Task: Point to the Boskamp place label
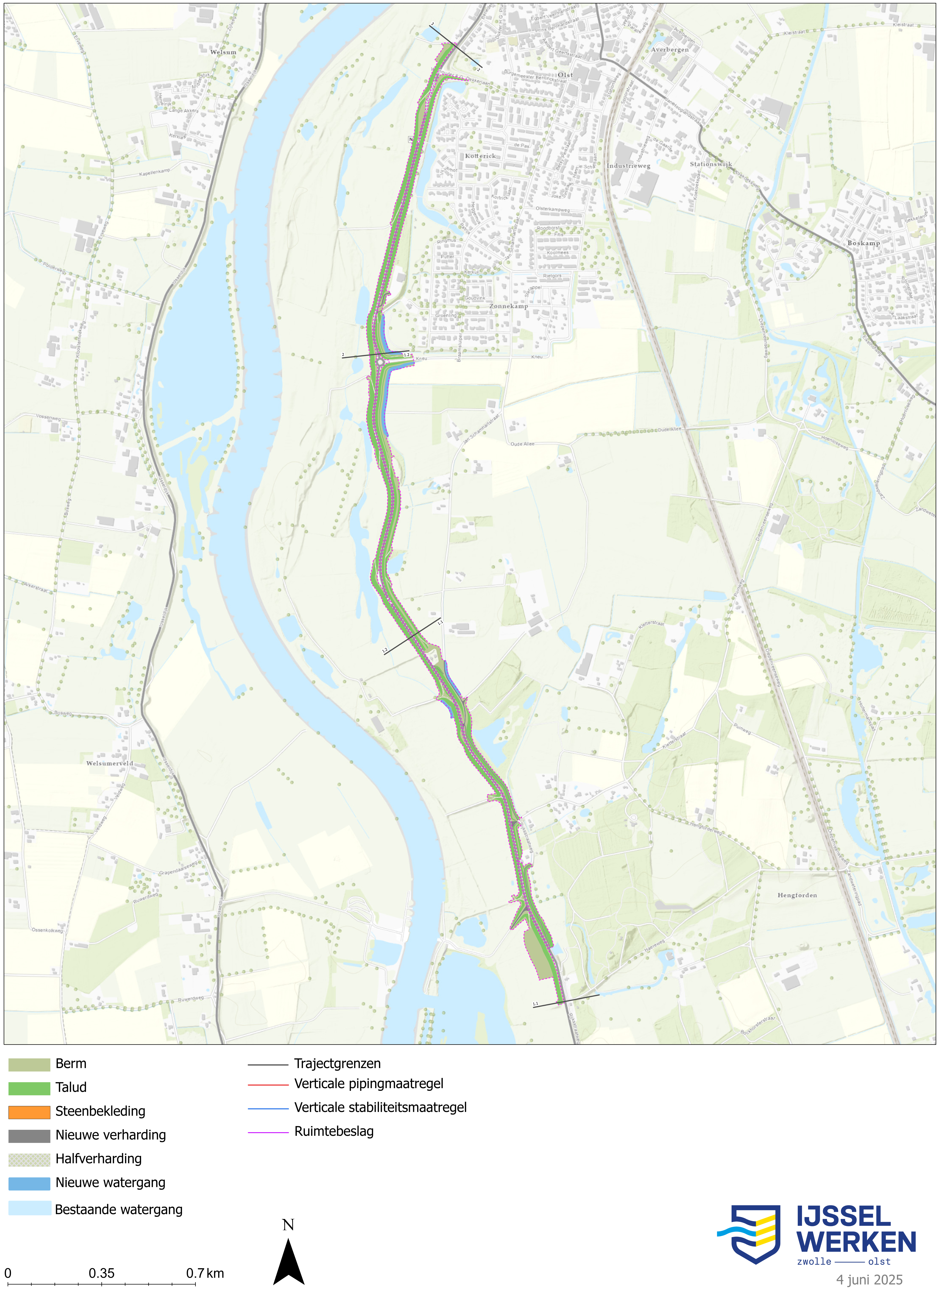tap(863, 243)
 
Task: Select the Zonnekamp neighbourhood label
tap(508, 306)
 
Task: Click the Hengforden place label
tap(797, 895)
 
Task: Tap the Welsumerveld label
tap(110, 763)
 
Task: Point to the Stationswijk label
tap(711, 164)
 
